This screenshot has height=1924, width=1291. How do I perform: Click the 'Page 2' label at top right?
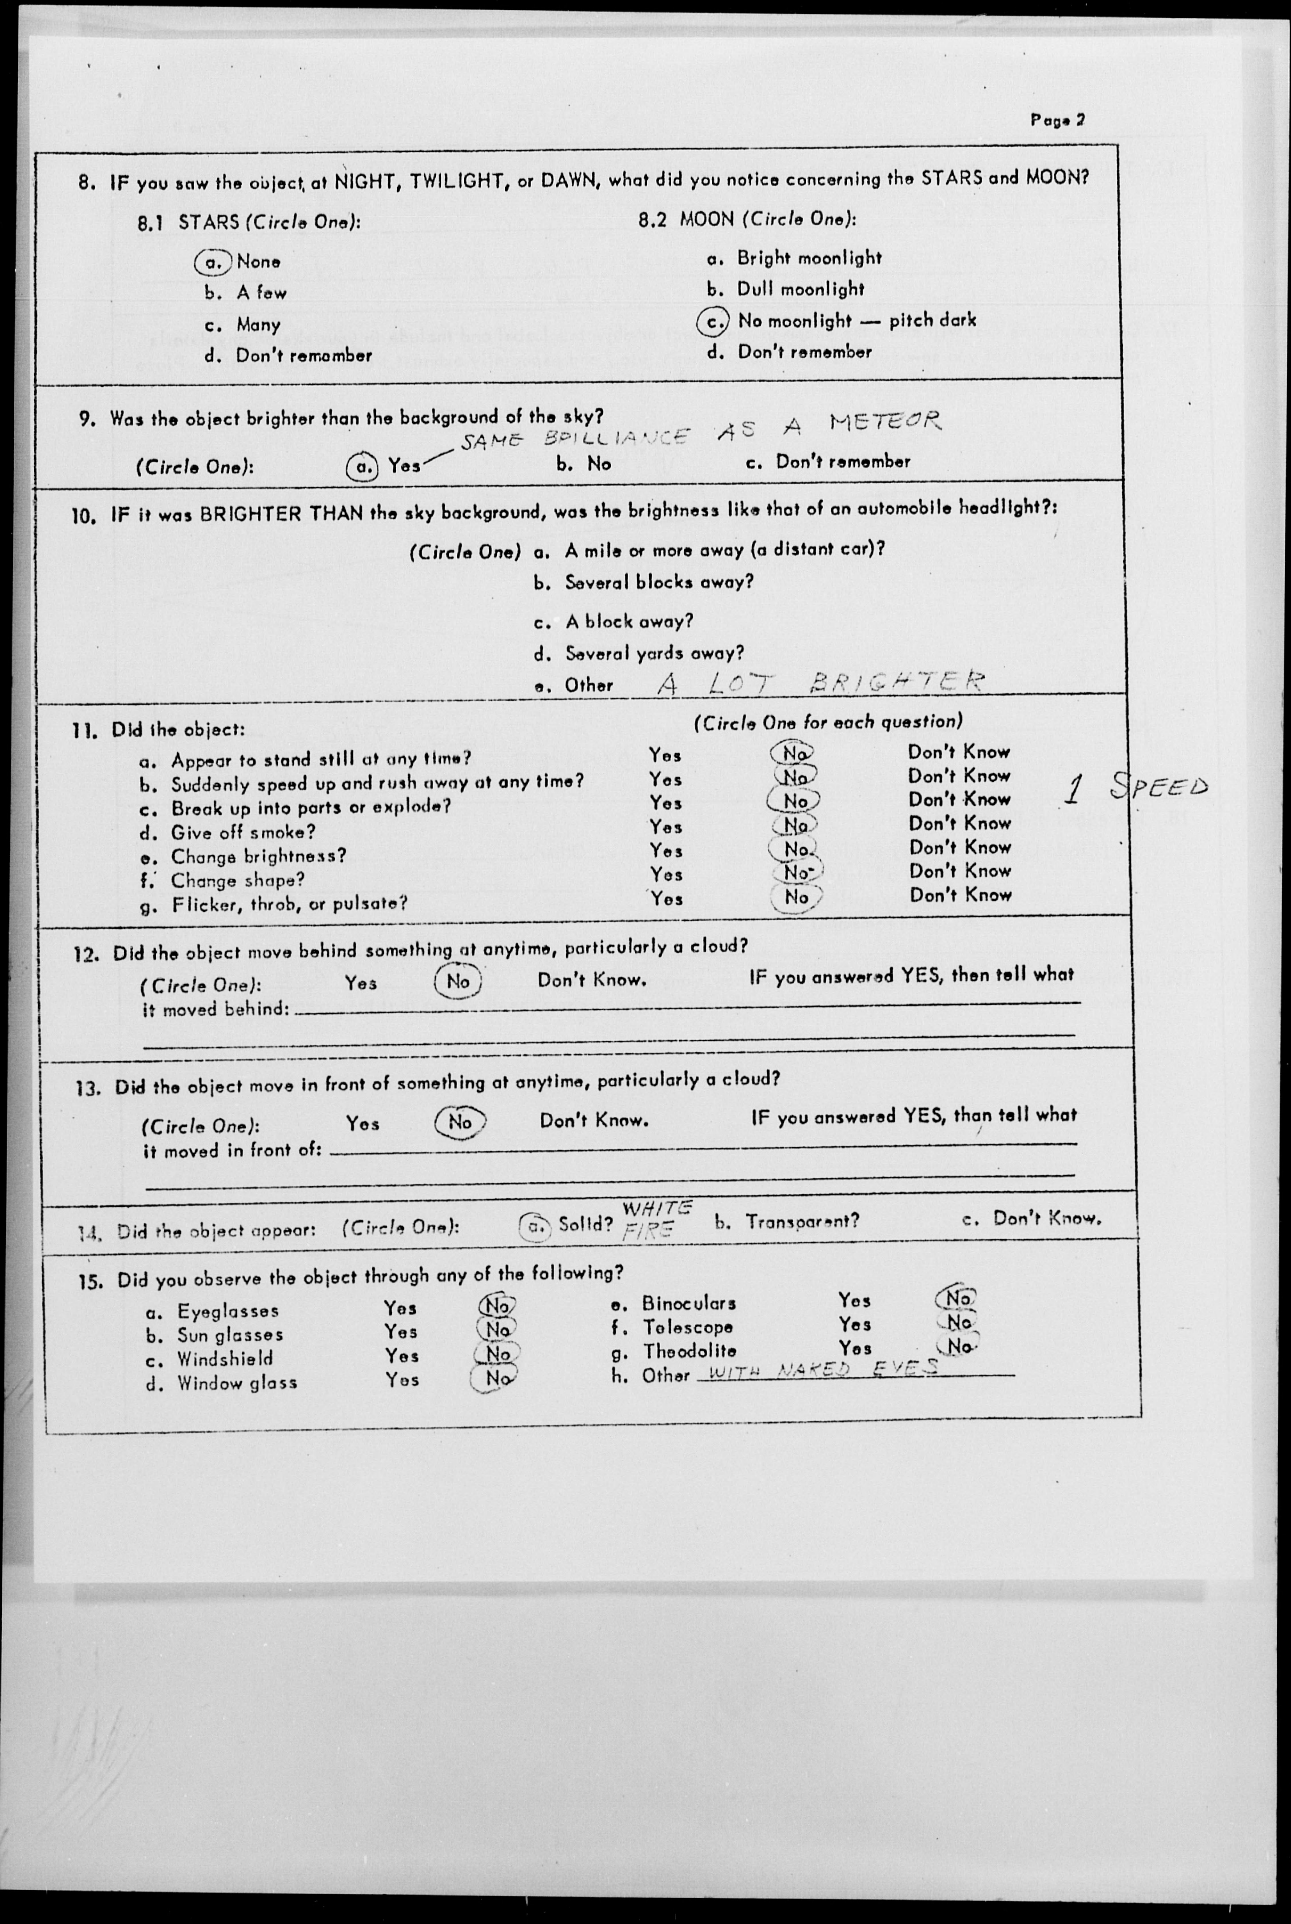tap(1057, 120)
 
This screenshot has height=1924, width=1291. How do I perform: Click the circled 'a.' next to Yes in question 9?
tap(361, 467)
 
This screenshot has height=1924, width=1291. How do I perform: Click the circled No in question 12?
tap(458, 982)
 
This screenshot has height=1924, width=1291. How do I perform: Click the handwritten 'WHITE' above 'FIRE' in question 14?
tap(656, 1208)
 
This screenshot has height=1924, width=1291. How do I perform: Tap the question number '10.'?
tap(85, 516)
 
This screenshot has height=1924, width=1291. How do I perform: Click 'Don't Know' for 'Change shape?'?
tap(960, 871)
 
